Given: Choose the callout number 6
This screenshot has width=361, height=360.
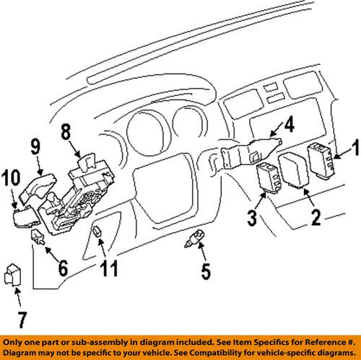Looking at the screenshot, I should (x=62, y=269).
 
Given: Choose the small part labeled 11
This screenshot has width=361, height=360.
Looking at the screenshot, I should (x=97, y=232).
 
